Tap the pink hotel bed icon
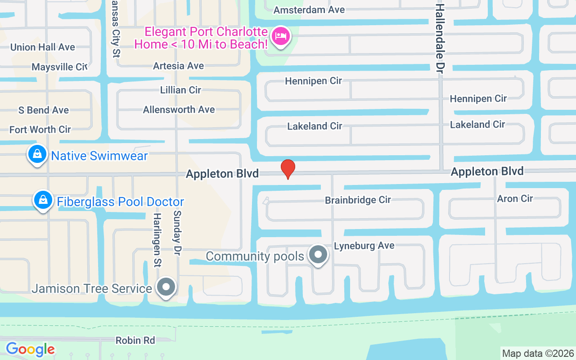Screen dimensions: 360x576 (x=281, y=36)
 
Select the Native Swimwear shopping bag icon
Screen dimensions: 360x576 (x=38, y=154)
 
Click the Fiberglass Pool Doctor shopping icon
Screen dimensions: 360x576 (x=43, y=200)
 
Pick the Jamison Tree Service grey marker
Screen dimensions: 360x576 (x=166, y=286)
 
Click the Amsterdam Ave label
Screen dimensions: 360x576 (x=309, y=9)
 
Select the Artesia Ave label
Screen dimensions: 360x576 (x=179, y=66)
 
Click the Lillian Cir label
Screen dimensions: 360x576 (x=180, y=90)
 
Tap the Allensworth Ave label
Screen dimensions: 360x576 (x=179, y=109)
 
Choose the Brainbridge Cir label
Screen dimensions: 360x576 (x=358, y=199)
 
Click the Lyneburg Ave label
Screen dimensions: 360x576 (x=364, y=245)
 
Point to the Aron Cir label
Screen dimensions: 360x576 (x=515, y=198)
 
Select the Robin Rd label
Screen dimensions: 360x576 (x=135, y=340)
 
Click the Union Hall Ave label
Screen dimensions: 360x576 (x=43, y=47)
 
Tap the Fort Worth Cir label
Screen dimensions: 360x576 (x=40, y=130)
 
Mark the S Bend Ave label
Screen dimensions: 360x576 (x=44, y=110)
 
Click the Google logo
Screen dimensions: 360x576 (x=30, y=349)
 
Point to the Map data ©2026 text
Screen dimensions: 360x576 (x=538, y=353)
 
